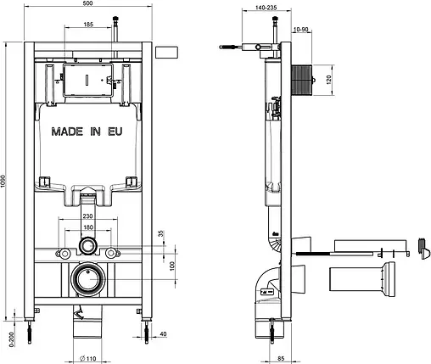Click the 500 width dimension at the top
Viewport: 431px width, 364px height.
click(x=88, y=3)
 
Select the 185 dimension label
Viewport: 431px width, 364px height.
click(x=88, y=25)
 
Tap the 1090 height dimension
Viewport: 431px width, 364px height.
click(x=3, y=181)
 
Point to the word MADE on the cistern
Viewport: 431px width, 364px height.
click(x=67, y=132)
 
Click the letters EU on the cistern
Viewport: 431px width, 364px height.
click(x=115, y=132)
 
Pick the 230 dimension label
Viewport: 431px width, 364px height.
click(x=87, y=216)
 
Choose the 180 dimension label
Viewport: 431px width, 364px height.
click(x=88, y=227)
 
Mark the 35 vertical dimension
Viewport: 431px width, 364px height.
click(x=161, y=234)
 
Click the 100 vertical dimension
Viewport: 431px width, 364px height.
click(x=172, y=266)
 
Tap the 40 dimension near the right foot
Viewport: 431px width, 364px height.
click(x=163, y=334)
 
